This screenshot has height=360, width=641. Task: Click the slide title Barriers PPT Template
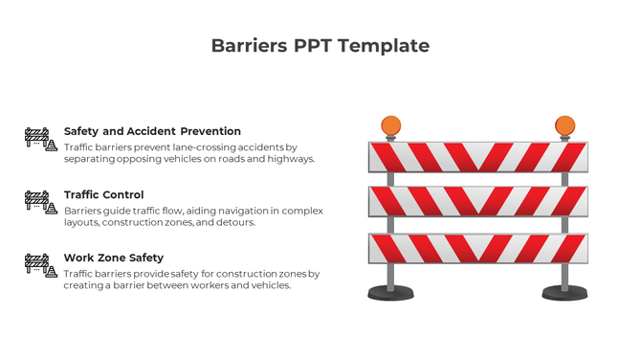320,46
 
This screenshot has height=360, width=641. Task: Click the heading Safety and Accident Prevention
152,131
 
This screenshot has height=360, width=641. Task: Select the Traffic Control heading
103,194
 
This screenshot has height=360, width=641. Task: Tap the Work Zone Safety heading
113,258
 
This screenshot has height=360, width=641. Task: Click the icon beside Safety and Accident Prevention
40,140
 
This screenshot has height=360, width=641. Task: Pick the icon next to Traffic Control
40,202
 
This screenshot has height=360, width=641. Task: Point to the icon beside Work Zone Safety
40,265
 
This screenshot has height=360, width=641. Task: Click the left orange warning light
391,126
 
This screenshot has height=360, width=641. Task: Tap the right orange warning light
564,126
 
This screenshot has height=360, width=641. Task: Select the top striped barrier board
477,157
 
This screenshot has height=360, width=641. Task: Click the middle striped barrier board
477,202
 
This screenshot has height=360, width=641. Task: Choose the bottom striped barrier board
477,248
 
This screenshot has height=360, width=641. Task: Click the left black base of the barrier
391,293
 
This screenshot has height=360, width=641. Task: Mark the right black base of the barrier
564,293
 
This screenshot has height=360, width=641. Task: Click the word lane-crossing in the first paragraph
204,147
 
